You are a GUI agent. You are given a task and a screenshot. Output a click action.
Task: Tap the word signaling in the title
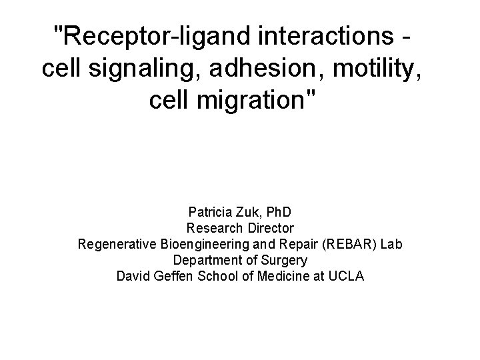point(144,69)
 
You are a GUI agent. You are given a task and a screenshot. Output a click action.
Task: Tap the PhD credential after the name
point(279,213)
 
